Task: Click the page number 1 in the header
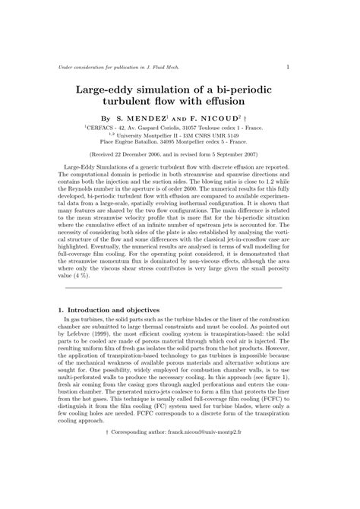289,68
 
